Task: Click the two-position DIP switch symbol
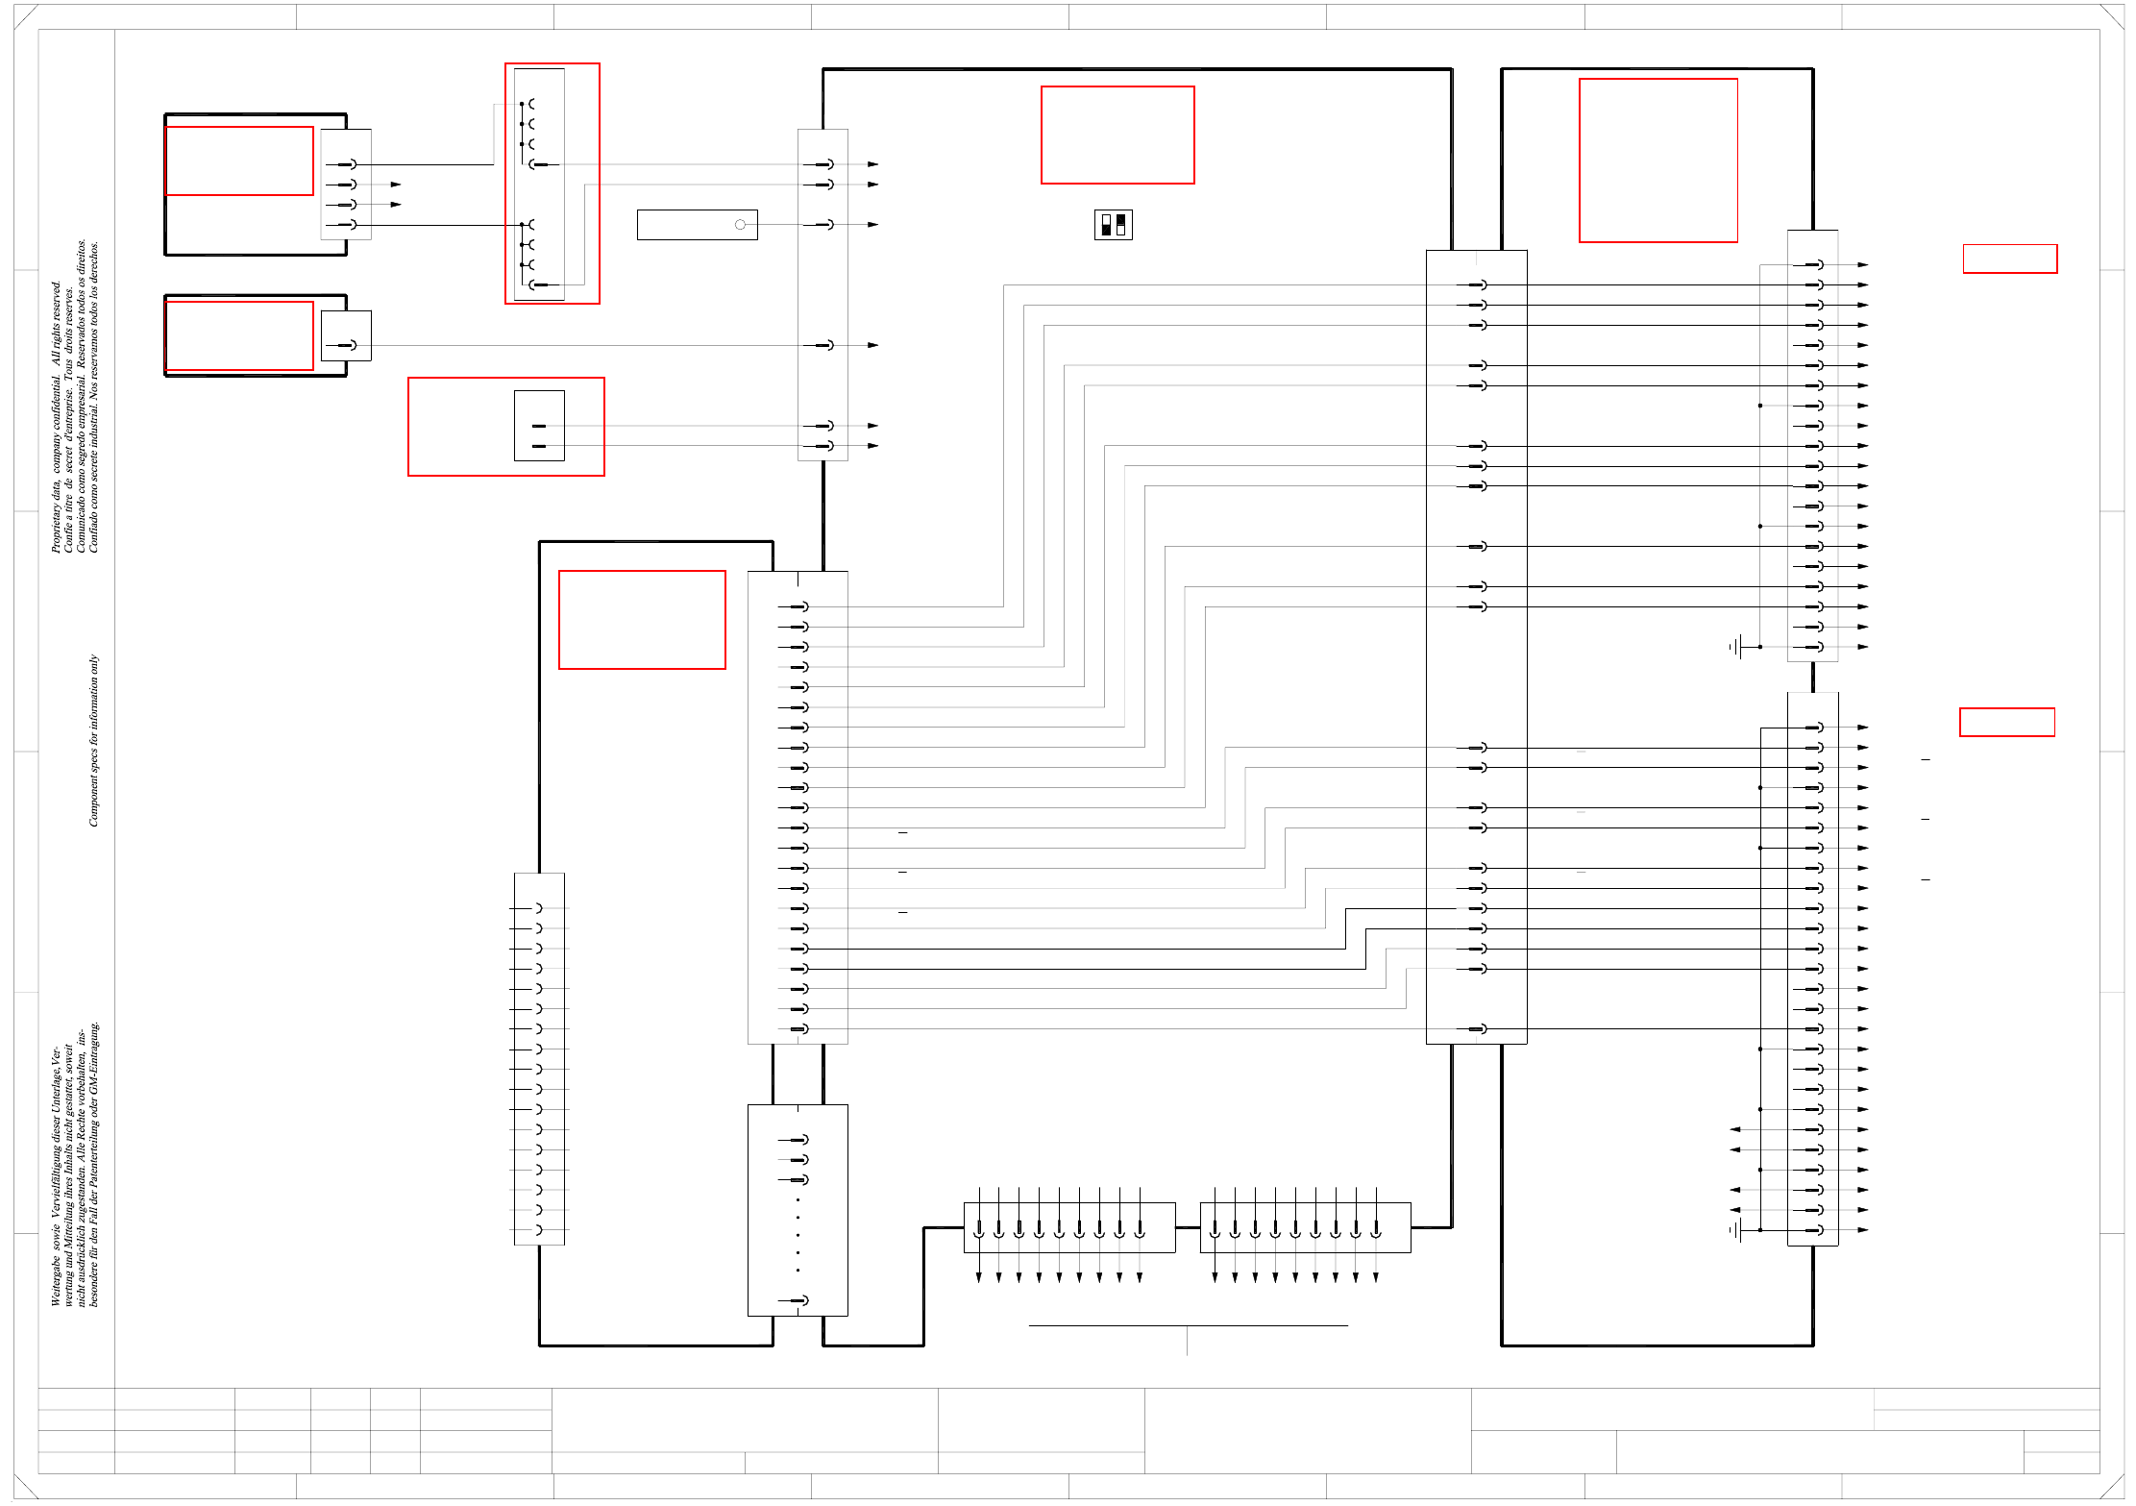click(1113, 225)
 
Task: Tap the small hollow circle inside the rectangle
click(740, 225)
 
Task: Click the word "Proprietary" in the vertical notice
click(56, 524)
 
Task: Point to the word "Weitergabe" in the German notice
click(56, 1278)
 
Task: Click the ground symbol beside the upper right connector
click(1737, 647)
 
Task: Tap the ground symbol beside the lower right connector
click(1737, 1230)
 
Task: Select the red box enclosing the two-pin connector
click(505, 426)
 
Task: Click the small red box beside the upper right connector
click(2009, 259)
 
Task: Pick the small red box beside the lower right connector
click(2006, 722)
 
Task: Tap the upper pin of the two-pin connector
click(538, 426)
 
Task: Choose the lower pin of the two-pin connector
click(538, 446)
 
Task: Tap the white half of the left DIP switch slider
click(1106, 220)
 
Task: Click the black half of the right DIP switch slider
click(1120, 220)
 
